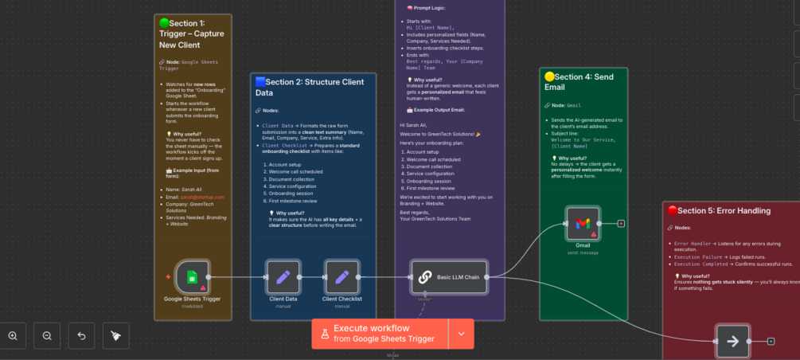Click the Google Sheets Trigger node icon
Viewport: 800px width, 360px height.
pos(192,276)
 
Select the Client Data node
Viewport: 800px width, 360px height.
pos(283,276)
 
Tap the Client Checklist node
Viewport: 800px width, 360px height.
pos(342,276)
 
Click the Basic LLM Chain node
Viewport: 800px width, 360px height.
pos(449,276)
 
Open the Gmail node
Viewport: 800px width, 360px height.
pos(583,223)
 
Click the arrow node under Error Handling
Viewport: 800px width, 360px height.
pos(732,341)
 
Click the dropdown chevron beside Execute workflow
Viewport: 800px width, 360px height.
pos(461,334)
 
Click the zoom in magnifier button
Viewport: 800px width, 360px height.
pos(13,336)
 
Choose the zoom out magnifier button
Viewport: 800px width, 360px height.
pos(47,336)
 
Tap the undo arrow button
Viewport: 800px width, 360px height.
pos(81,336)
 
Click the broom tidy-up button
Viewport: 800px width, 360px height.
pos(115,336)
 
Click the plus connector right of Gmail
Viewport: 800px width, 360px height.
pos(621,223)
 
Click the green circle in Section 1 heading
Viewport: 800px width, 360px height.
pos(164,23)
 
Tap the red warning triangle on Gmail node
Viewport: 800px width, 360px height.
pos(594,233)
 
